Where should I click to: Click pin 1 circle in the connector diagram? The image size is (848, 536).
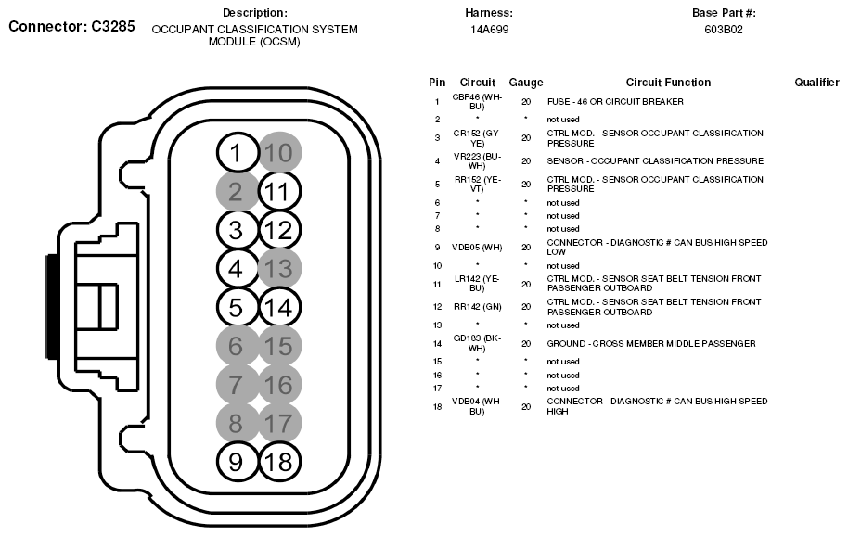238,153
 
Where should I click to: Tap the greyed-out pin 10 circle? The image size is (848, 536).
279,153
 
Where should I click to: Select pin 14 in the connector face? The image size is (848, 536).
279,308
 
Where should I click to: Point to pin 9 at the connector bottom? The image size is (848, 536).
238,461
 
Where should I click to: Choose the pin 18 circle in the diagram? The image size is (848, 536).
279,461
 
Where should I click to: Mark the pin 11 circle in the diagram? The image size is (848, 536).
279,192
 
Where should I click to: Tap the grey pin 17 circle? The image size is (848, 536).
279,423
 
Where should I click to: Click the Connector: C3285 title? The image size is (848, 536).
72,27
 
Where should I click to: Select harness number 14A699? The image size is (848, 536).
489,30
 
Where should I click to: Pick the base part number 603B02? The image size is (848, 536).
724,30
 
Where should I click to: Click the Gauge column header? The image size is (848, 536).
526,83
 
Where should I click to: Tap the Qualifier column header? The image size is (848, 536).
816,83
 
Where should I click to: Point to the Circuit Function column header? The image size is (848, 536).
668,83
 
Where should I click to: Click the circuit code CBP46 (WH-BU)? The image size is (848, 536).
477,101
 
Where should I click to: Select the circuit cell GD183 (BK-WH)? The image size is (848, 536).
477,343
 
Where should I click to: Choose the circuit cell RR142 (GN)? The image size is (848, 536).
477,307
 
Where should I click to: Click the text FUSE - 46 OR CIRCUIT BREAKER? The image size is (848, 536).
615,101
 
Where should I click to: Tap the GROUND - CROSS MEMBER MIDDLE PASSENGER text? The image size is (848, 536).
651,343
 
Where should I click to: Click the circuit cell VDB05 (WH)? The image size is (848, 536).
477,248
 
